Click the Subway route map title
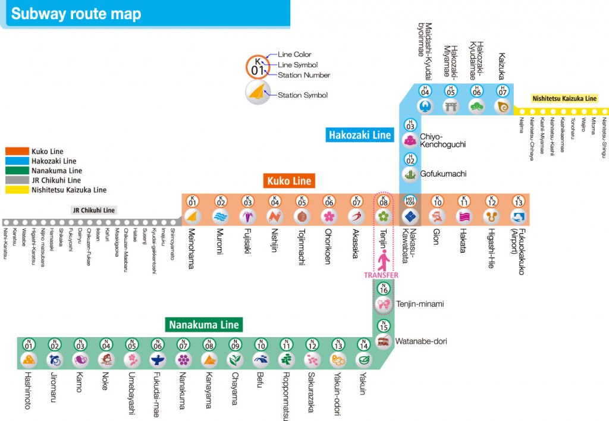coord(76,14)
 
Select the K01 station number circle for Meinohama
coord(192,202)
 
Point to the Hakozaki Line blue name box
coord(360,135)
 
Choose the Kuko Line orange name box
coord(289,181)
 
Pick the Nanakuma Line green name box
coord(204,325)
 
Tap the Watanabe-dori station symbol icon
coord(384,342)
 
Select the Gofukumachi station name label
coord(443,174)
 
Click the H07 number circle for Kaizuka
coord(503,91)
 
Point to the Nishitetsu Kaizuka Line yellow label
coord(564,99)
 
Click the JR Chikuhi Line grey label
coord(93,210)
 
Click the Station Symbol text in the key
coord(303,95)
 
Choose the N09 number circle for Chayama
coord(236,344)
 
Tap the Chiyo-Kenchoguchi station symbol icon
coord(410,140)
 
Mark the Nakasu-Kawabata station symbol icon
coord(410,216)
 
